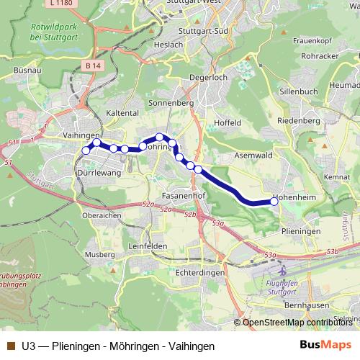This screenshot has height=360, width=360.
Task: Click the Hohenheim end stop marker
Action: [274, 202]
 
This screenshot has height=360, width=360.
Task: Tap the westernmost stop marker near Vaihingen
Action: [86, 150]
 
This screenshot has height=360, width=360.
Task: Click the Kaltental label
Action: [122, 113]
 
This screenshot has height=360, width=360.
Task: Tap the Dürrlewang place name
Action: [99, 174]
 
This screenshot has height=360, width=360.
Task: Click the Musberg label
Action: [99, 255]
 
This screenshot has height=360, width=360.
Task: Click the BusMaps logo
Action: [325, 345]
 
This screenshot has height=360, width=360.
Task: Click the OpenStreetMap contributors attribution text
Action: [297, 322]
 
